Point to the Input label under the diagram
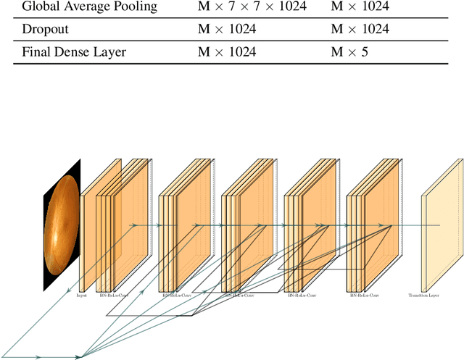pos(81,296)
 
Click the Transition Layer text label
pos(425,296)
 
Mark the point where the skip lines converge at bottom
pos(82,356)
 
